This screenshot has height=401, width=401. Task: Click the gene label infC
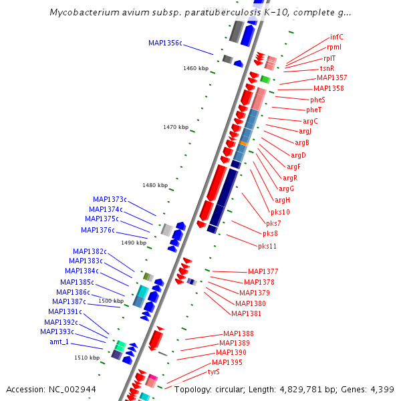pyautogui.click(x=337, y=37)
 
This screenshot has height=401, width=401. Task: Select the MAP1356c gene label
pyautogui.click(x=165, y=43)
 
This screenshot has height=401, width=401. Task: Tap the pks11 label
pyautogui.click(x=267, y=246)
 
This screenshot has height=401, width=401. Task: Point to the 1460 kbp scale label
pyautogui.click(x=196, y=68)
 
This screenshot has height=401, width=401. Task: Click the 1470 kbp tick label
pyautogui.click(x=176, y=127)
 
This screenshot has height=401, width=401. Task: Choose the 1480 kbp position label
pyautogui.click(x=155, y=185)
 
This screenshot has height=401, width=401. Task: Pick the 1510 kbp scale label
pyautogui.click(x=87, y=358)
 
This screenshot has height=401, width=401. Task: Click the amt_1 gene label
pyautogui.click(x=59, y=342)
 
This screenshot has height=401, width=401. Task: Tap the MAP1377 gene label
pyautogui.click(x=263, y=271)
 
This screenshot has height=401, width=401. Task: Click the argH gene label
pyautogui.click(x=283, y=200)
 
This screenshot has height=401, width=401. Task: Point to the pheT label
pyautogui.click(x=314, y=110)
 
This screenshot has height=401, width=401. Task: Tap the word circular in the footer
pyautogui.click(x=227, y=389)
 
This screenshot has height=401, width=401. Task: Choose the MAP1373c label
pyautogui.click(x=110, y=199)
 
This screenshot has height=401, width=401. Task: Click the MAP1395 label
pyautogui.click(x=227, y=362)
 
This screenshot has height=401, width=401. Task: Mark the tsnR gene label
pyautogui.click(x=327, y=68)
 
